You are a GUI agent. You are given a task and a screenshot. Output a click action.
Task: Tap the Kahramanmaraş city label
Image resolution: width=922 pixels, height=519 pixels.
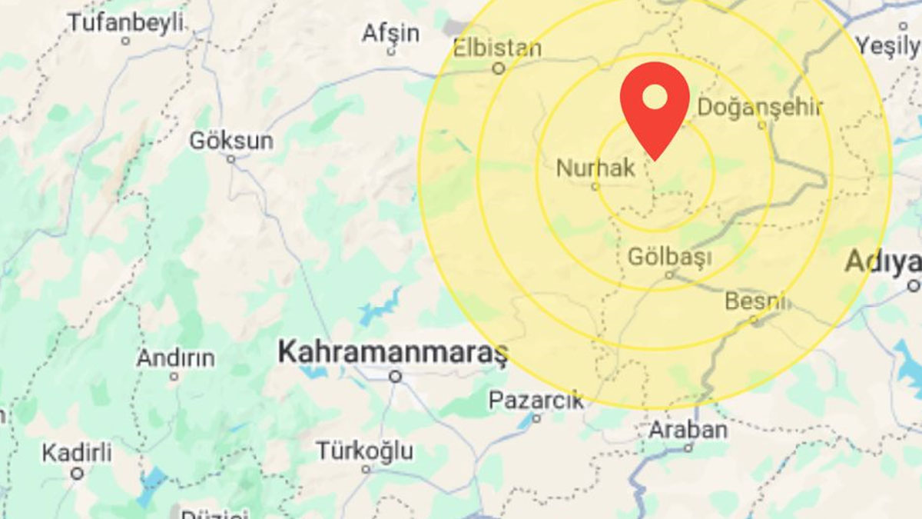click(393, 353)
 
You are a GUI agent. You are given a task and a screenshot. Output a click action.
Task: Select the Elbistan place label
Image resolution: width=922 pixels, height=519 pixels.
click(497, 48)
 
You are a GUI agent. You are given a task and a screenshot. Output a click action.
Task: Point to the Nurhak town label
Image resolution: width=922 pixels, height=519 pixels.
click(595, 167)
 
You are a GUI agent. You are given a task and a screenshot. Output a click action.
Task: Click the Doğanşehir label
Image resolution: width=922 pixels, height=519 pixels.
click(760, 107)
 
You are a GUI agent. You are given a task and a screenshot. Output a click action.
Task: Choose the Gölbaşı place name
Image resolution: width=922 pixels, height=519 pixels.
click(669, 256)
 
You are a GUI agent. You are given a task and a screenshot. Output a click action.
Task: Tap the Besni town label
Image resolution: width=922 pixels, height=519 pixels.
click(756, 301)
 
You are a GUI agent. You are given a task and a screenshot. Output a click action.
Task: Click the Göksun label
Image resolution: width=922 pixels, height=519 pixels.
click(231, 141)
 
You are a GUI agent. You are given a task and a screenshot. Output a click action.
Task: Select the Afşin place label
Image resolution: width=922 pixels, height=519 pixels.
click(391, 33)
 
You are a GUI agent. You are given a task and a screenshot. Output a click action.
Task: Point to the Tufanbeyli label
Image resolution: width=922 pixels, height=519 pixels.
click(125, 22)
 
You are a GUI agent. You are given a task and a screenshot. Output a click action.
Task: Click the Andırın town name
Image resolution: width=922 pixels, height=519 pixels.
click(176, 358)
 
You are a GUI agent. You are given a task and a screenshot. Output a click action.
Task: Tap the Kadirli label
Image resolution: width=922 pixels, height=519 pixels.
click(76, 452)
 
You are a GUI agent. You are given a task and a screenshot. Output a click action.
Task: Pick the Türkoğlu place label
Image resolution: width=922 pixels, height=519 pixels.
click(365, 451)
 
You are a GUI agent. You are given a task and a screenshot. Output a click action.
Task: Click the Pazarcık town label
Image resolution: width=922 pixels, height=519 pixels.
click(536, 400)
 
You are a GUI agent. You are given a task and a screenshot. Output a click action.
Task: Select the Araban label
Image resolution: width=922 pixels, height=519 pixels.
click(688, 429)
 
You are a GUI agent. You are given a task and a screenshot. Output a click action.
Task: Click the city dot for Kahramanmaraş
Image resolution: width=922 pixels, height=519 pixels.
click(396, 376)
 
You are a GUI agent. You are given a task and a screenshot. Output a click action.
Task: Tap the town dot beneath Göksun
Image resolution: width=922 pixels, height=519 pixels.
click(231, 159)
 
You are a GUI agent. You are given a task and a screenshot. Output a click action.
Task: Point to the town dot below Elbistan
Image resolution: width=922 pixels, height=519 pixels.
click(499, 68)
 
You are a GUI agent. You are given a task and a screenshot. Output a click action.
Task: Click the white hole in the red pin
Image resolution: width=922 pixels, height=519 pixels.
click(655, 97)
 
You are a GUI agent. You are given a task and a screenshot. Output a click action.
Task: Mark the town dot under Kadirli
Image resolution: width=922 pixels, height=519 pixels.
click(77, 474)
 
